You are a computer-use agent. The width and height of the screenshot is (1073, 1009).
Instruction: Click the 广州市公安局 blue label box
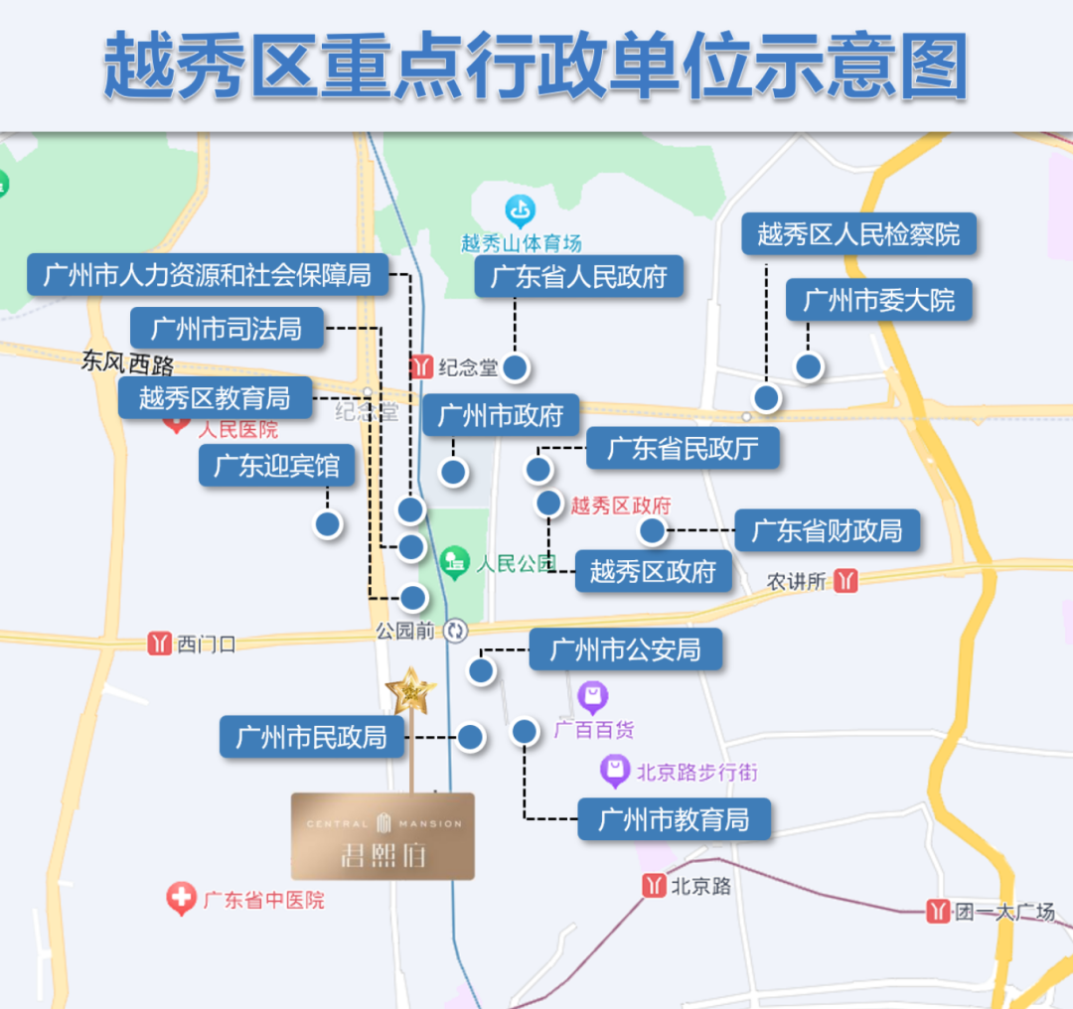tap(625, 650)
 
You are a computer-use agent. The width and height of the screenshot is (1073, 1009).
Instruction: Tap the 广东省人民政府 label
tap(579, 276)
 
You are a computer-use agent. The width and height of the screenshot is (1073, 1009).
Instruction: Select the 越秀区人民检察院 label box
tap(859, 234)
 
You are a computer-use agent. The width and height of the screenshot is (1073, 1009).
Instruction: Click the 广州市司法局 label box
tap(228, 328)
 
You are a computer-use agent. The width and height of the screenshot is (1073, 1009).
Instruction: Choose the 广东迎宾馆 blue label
tap(277, 466)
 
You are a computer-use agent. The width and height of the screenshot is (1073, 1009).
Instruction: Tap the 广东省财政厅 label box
tap(827, 530)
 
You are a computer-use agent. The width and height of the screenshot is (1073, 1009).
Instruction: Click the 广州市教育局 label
tap(674, 819)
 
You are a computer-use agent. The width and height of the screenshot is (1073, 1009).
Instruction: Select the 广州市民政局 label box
tap(312, 737)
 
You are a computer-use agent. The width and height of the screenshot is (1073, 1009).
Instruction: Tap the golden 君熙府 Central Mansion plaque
tap(383, 836)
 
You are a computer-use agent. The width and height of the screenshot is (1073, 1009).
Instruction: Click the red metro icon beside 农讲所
tap(846, 581)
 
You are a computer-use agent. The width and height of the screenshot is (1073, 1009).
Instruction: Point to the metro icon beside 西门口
tap(159, 644)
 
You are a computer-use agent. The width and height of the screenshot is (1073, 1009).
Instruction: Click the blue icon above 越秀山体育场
tap(521, 211)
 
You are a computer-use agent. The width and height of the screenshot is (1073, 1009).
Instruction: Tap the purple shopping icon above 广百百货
tap(593, 696)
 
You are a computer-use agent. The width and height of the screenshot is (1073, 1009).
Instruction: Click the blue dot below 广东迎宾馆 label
tap(327, 523)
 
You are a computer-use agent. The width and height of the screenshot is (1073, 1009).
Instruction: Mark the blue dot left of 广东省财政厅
tap(652, 531)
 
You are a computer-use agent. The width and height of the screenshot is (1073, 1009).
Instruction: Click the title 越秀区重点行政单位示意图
tap(536, 67)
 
